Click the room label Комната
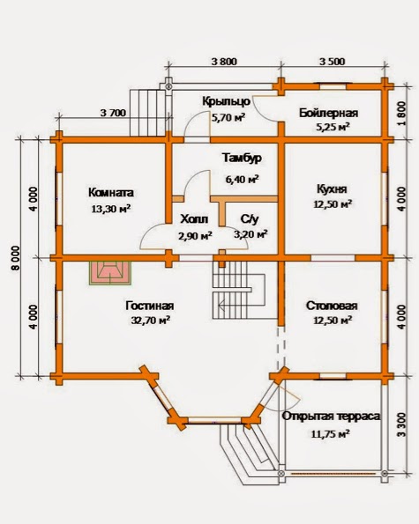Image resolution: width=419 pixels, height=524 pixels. click(x=111, y=193)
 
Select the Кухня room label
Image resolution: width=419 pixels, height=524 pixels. click(x=332, y=189)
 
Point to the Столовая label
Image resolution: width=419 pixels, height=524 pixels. click(x=332, y=306)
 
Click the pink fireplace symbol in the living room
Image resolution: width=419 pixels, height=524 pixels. click(x=110, y=273)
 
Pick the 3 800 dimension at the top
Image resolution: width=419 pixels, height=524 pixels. click(x=224, y=62)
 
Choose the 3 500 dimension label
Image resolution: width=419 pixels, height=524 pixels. click(x=332, y=62)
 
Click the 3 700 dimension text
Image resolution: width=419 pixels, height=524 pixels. click(x=113, y=113)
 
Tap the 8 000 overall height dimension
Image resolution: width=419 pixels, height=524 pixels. click(x=16, y=258)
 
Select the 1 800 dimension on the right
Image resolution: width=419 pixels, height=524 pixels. click(x=402, y=114)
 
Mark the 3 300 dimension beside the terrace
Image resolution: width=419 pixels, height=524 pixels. click(x=401, y=424)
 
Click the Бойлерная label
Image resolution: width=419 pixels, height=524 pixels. click(x=329, y=113)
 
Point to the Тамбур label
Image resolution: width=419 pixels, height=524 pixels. click(x=242, y=158)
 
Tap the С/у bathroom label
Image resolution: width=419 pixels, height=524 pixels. click(x=250, y=219)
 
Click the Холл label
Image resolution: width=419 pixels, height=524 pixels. click(x=194, y=219)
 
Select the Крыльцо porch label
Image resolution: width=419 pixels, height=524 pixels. click(x=226, y=101)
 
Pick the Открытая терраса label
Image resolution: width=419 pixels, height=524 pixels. click(x=331, y=417)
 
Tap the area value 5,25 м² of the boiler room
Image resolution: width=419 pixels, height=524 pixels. click(x=333, y=127)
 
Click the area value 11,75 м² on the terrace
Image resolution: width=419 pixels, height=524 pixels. click(x=331, y=434)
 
